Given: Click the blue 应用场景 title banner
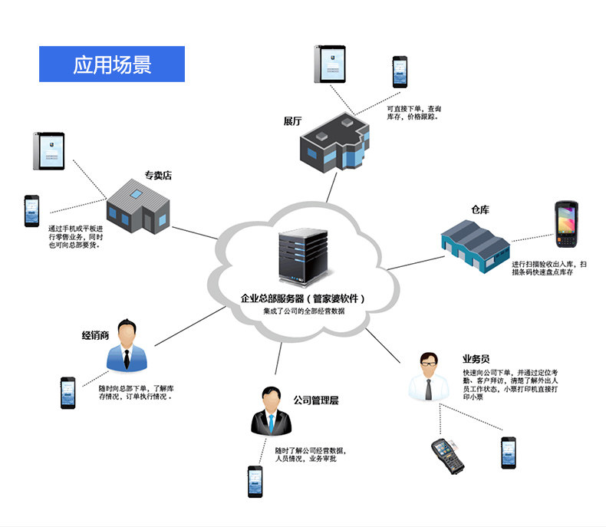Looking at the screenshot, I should tap(112, 64).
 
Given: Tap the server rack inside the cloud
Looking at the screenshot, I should tap(301, 259).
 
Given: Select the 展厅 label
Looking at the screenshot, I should tap(293, 121).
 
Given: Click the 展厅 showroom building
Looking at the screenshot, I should tap(335, 143).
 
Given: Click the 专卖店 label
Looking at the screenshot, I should tap(158, 176).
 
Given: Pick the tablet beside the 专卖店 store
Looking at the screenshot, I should tap(48, 151).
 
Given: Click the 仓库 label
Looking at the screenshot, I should tap(481, 209).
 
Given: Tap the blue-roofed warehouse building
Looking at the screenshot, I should tap(475, 243).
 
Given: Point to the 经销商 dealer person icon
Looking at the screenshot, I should tap(127, 346).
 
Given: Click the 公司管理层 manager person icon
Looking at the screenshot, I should tap(269, 412).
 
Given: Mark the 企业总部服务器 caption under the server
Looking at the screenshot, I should tap(303, 298).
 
